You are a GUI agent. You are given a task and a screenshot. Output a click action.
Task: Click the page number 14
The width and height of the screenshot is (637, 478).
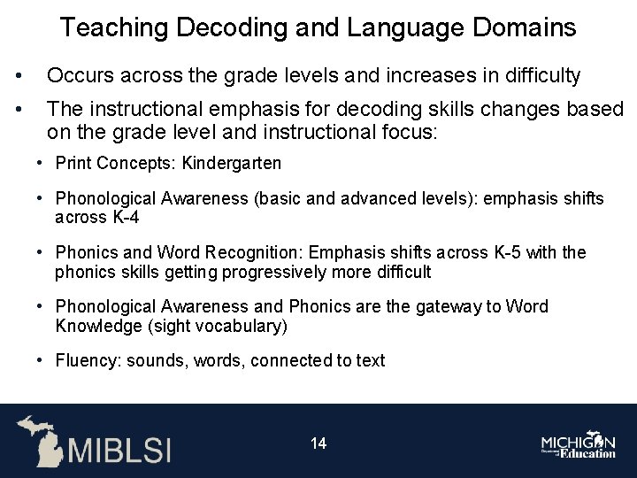click(318, 443)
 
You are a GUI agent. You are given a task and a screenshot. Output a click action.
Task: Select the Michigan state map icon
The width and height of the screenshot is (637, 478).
click(39, 440)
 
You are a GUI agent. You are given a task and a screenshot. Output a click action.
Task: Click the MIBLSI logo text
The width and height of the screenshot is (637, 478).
click(120, 448)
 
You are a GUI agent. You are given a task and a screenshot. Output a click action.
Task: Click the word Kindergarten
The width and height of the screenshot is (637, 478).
click(241, 163)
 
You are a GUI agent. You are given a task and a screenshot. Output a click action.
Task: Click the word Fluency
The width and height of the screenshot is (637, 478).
click(88, 360)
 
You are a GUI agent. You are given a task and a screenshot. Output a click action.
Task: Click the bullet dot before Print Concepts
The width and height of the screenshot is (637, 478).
click(42, 163)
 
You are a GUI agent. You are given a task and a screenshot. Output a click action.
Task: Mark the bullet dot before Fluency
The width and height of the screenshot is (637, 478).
click(42, 360)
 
